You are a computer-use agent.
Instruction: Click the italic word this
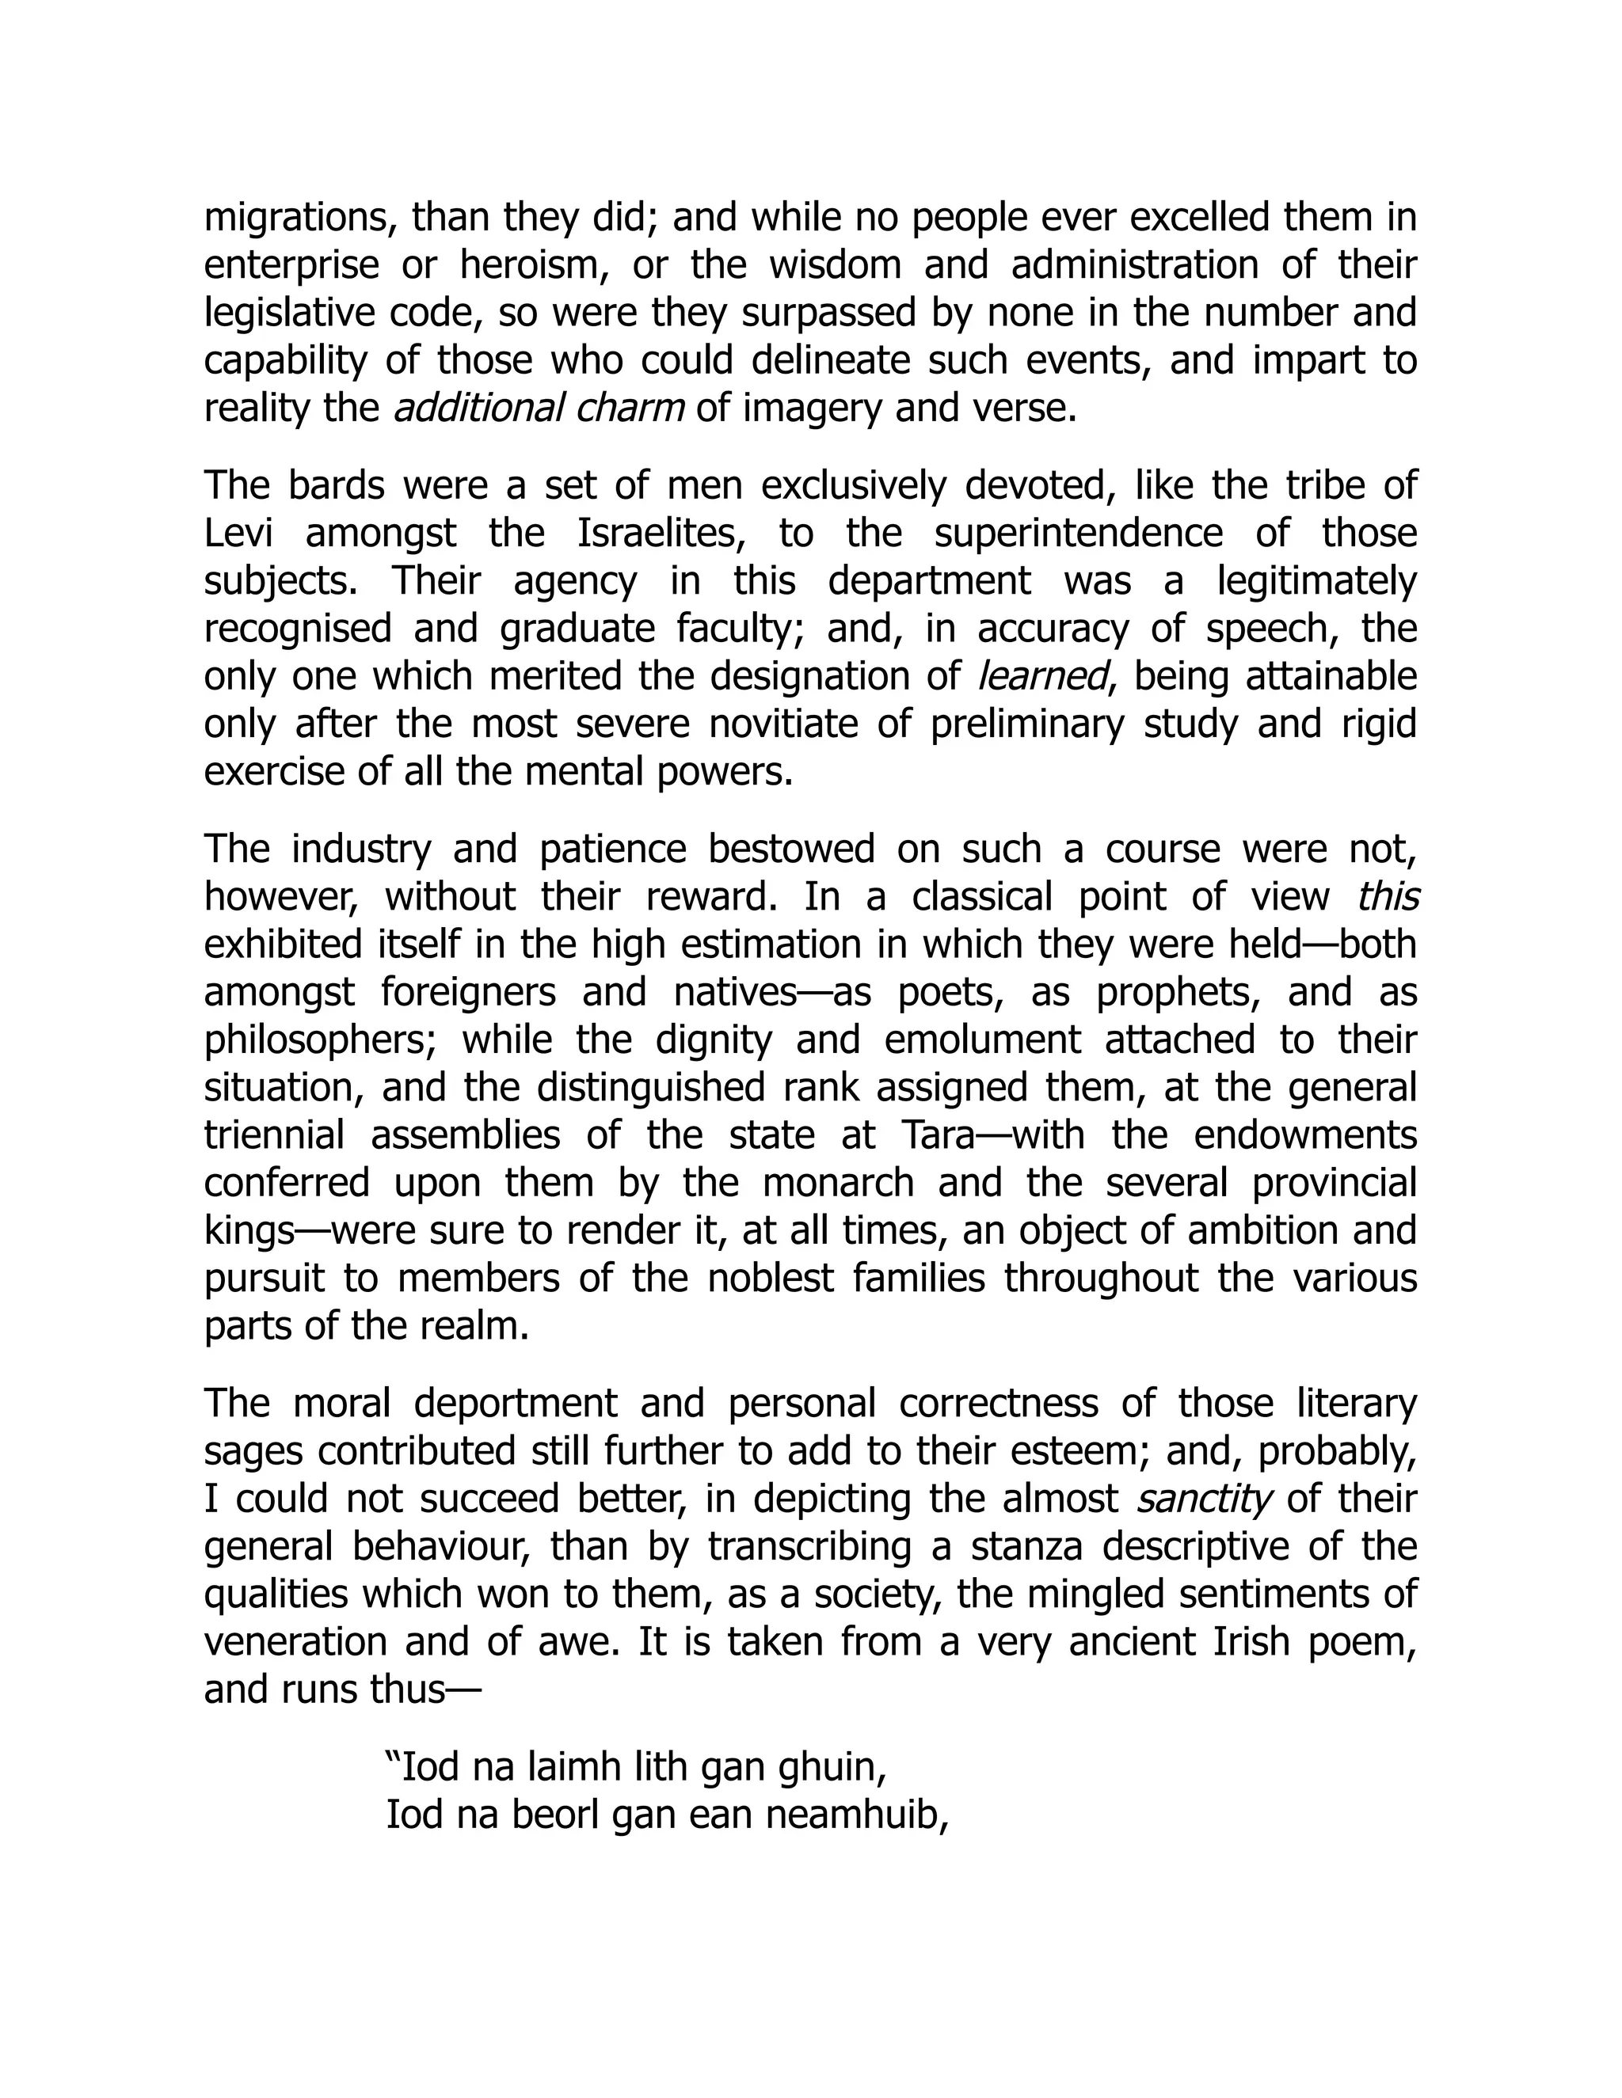coord(1388,897)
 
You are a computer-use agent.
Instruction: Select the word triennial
coord(274,1135)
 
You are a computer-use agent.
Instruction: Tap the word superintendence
coord(1078,533)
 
